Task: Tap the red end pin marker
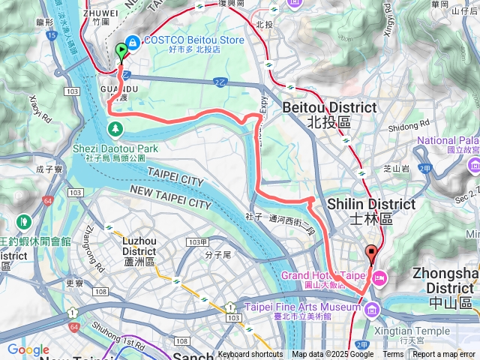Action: point(370,253)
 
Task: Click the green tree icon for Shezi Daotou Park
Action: point(115,130)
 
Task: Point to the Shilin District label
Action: point(382,210)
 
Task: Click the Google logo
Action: point(28,349)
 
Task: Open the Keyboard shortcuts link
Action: point(251,355)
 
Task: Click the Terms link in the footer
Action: point(393,355)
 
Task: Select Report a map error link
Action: point(445,355)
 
